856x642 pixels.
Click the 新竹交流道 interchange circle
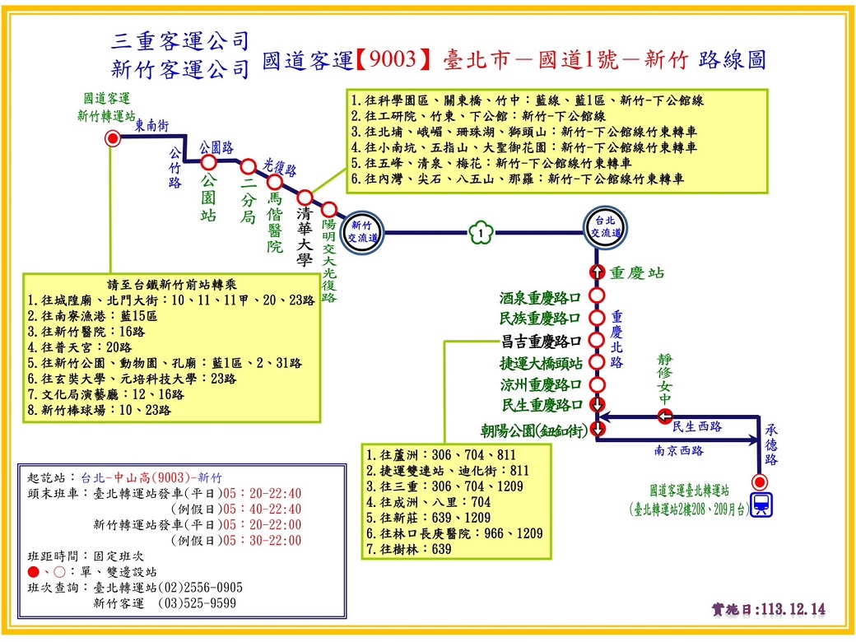pyautogui.click(x=362, y=232)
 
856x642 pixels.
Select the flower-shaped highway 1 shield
pyautogui.click(x=481, y=233)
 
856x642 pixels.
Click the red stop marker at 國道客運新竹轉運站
pyautogui.click(x=113, y=138)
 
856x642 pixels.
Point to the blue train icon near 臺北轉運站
pyautogui.click(x=761, y=505)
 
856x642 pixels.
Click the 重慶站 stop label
pyautogui.click(x=637, y=272)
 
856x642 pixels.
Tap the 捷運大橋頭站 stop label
pyautogui.click(x=541, y=363)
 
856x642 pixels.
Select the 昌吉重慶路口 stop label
pyautogui.click(x=541, y=342)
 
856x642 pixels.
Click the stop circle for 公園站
pyautogui.click(x=208, y=162)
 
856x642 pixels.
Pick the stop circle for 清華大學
pyautogui.click(x=305, y=197)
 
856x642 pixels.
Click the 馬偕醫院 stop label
pyautogui.click(x=275, y=222)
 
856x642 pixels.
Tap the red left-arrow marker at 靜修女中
pyautogui.click(x=664, y=417)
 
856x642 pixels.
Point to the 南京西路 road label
pyautogui.click(x=679, y=450)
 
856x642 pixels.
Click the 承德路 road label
pyautogui.click(x=771, y=444)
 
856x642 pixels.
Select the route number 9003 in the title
pyautogui.click(x=393, y=59)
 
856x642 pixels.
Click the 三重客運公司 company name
pyautogui.click(x=179, y=41)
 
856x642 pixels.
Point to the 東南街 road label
pyautogui.click(x=151, y=126)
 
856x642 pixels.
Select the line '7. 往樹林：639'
pyautogui.click(x=409, y=549)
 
